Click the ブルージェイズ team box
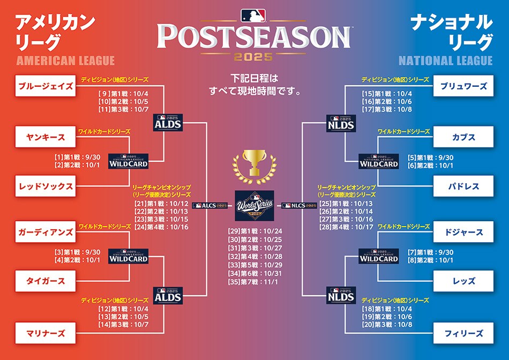coord(46,86)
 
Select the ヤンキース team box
coord(46,137)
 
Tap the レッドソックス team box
coord(46,186)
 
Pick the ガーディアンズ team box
coord(46,232)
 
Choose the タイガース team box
coord(46,281)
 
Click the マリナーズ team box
coord(46,333)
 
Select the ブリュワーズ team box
coord(463,86)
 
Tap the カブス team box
coord(463,137)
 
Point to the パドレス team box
coord(463,186)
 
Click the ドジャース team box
coord(463,232)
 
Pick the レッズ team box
coord(463,281)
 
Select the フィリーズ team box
coord(463,333)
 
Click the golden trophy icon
coord(254,167)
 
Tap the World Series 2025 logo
coord(254,206)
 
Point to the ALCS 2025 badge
coord(210,206)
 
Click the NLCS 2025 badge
coord(299,206)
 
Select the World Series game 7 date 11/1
coord(271,282)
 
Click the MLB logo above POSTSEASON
coord(253,15)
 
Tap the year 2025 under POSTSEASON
coord(253,57)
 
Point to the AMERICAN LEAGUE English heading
coord(65,61)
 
